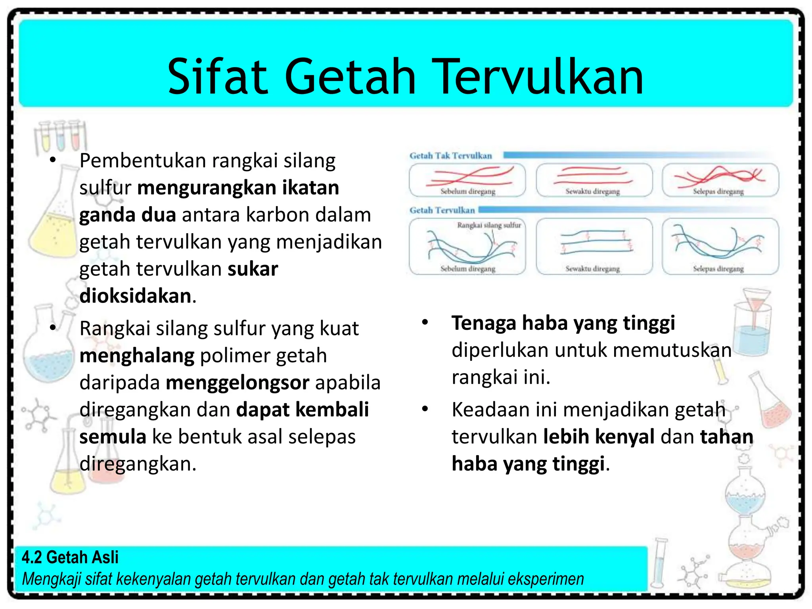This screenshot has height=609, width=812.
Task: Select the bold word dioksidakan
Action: point(135,296)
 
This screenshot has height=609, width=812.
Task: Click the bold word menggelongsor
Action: point(237,383)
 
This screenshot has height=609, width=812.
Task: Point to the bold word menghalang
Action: point(137,356)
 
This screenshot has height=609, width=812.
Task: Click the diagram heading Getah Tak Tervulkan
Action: point(450,156)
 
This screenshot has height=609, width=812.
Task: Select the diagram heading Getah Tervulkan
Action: point(442,210)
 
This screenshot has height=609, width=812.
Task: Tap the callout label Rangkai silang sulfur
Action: point(489,225)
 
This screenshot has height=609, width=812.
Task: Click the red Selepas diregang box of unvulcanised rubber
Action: point(720,180)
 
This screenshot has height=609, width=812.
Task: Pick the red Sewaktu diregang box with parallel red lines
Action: point(594,180)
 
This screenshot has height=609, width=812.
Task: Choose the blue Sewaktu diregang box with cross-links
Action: point(594,246)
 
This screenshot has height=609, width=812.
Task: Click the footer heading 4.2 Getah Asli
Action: point(70,557)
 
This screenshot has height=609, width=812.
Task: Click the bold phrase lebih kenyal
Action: point(599,437)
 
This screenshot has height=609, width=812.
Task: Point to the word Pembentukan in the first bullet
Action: point(143,161)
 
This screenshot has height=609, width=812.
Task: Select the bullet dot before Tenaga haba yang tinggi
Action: point(425,322)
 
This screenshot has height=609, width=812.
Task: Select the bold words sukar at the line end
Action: point(253,269)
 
